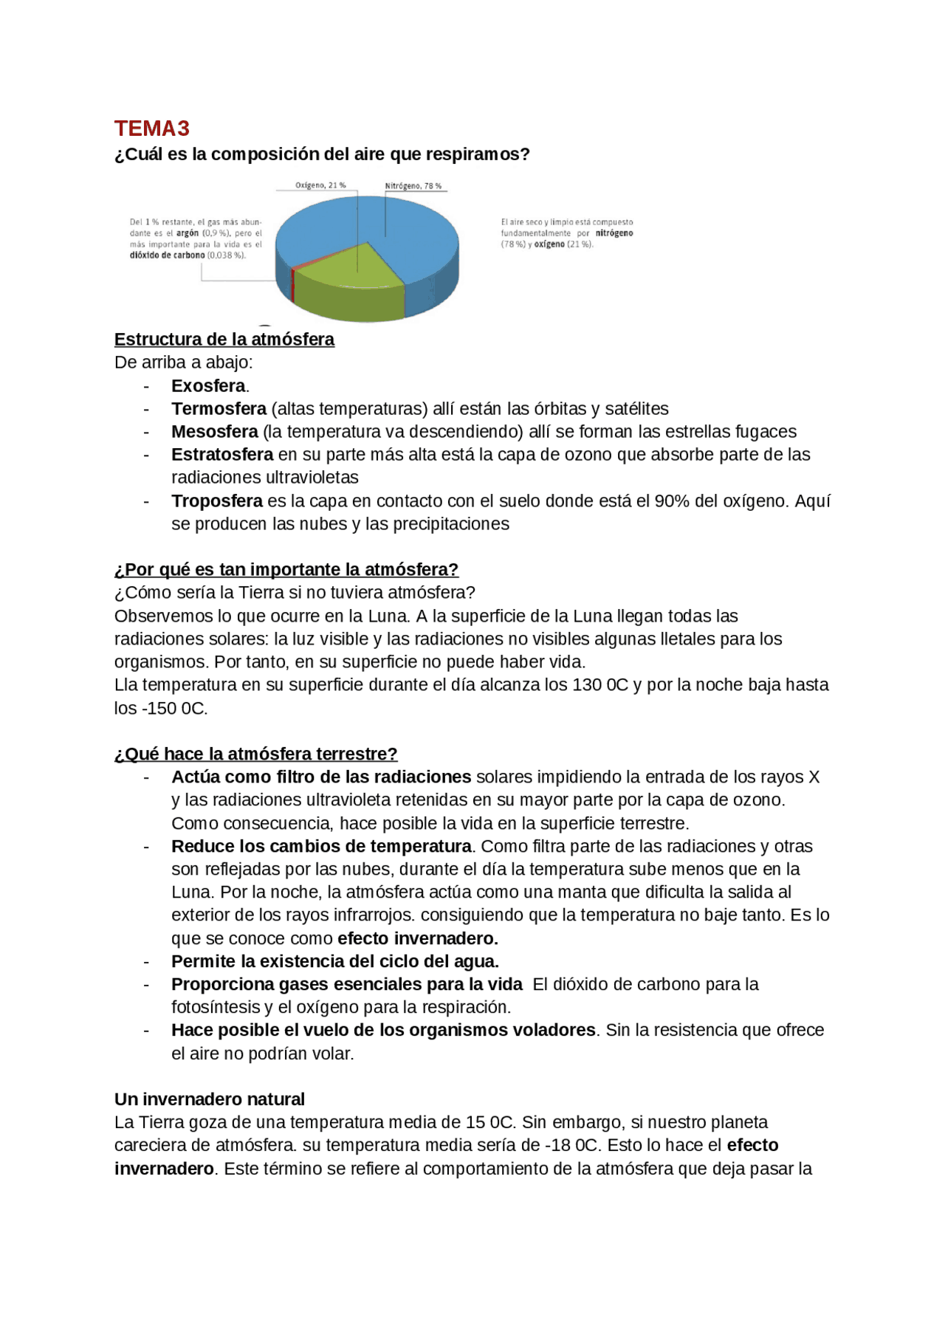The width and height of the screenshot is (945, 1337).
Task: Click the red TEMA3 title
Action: [x=152, y=128]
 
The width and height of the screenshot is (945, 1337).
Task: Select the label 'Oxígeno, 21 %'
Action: [x=320, y=185]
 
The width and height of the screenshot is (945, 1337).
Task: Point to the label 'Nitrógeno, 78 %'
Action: [x=413, y=186]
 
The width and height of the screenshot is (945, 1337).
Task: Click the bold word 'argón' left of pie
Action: [x=188, y=233]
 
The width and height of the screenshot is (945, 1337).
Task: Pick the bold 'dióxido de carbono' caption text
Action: [x=168, y=255]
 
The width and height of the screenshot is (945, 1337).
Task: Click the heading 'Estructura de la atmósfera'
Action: [x=224, y=340]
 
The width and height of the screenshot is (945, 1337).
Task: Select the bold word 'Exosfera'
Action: [x=208, y=386]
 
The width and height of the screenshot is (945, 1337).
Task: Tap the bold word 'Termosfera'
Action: [x=219, y=409]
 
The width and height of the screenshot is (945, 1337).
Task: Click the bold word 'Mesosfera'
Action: [x=215, y=432]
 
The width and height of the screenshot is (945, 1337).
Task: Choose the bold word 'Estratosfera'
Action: [x=222, y=455]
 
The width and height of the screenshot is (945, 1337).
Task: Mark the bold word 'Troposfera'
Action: [x=217, y=501]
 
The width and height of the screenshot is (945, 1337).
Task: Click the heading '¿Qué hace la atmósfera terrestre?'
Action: [x=255, y=754]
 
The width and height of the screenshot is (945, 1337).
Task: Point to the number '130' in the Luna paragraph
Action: [x=587, y=685]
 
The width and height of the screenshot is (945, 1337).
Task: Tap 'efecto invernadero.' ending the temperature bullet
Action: [x=418, y=938]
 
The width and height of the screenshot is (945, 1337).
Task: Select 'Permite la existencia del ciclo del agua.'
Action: [x=335, y=961]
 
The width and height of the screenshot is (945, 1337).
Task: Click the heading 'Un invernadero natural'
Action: [x=209, y=1099]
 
